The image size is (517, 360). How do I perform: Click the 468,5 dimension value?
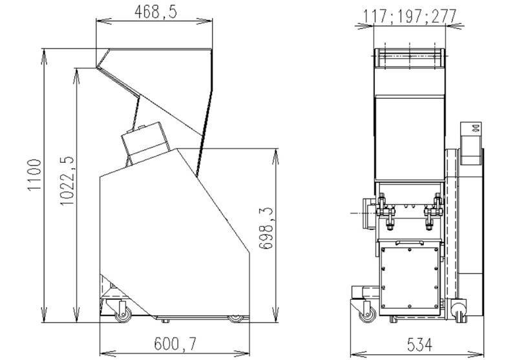pos(156,12)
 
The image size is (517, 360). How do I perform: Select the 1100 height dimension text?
pos(34,175)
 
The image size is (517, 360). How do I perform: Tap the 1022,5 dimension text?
pos(67,181)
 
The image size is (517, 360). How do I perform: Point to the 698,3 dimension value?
pos(266,228)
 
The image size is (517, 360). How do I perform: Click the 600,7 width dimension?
pos(175,344)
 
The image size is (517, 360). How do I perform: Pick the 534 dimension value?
pos(419,344)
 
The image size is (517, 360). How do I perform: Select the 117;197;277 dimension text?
pos(410,16)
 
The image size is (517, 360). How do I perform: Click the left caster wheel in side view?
pos(123,316)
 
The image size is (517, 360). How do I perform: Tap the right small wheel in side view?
pos(235,319)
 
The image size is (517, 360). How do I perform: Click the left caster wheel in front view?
pos(368,315)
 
